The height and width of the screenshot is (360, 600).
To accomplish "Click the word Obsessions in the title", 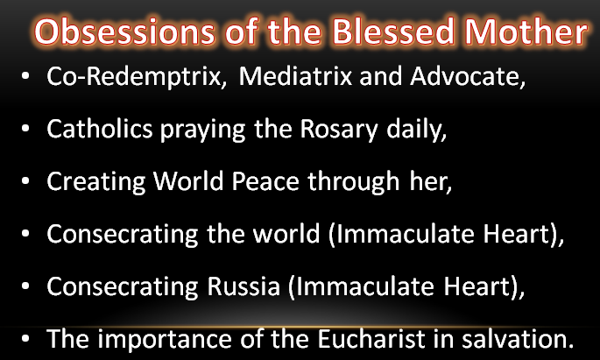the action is tap(124, 32).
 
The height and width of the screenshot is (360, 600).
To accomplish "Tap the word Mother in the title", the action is tap(526, 32).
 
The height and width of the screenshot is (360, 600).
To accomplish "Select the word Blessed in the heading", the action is tap(393, 32).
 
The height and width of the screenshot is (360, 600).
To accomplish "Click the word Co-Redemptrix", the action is tap(137, 77).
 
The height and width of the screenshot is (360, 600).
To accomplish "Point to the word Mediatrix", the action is tap(295, 75).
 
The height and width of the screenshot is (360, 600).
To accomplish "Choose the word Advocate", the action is tap(468, 76).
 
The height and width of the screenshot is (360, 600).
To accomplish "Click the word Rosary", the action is tap(339, 131).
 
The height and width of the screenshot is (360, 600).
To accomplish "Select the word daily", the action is tap(417, 130).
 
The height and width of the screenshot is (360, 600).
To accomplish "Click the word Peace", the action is tap(265, 181).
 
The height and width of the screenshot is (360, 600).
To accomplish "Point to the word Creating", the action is tap(96, 182).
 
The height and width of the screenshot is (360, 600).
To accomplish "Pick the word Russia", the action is tap(244, 286).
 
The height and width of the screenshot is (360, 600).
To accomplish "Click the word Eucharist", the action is tap(371, 339).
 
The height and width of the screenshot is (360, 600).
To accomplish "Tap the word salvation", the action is tap(518, 339).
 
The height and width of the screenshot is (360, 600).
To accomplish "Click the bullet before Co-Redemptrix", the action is tap(25, 75).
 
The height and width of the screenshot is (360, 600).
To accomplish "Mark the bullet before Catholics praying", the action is tap(25, 129).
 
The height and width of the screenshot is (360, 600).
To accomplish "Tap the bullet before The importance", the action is tap(25, 339).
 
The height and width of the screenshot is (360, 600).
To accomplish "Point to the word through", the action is tap(354, 182).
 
